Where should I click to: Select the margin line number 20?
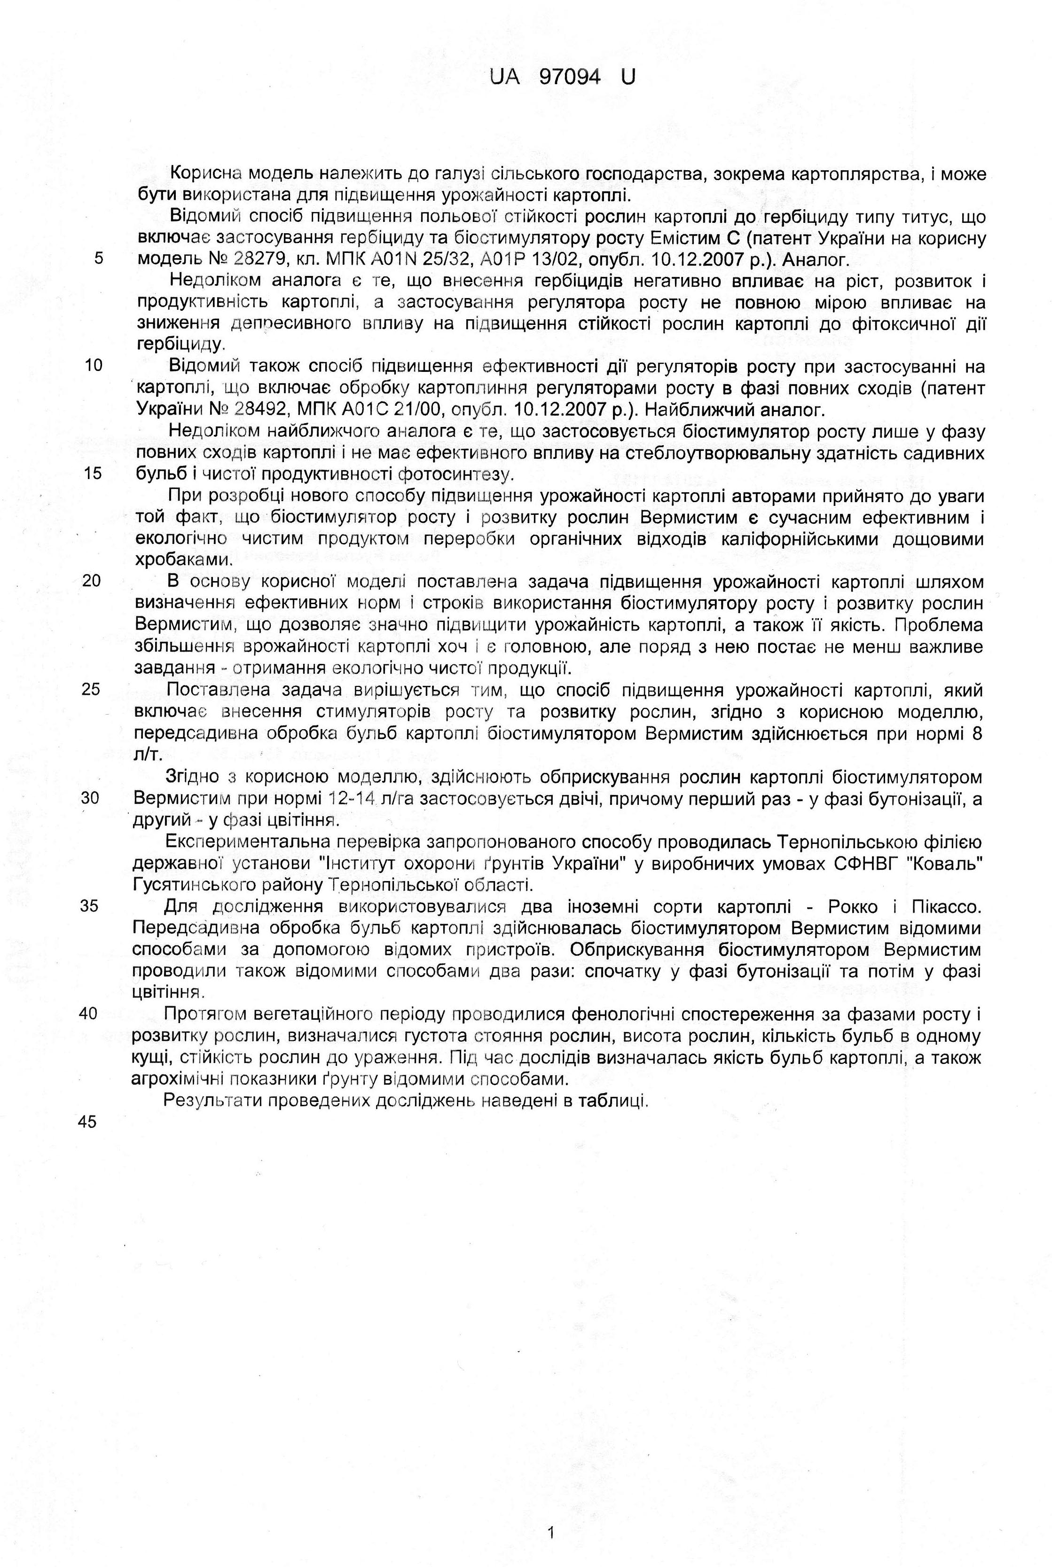click(93, 581)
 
